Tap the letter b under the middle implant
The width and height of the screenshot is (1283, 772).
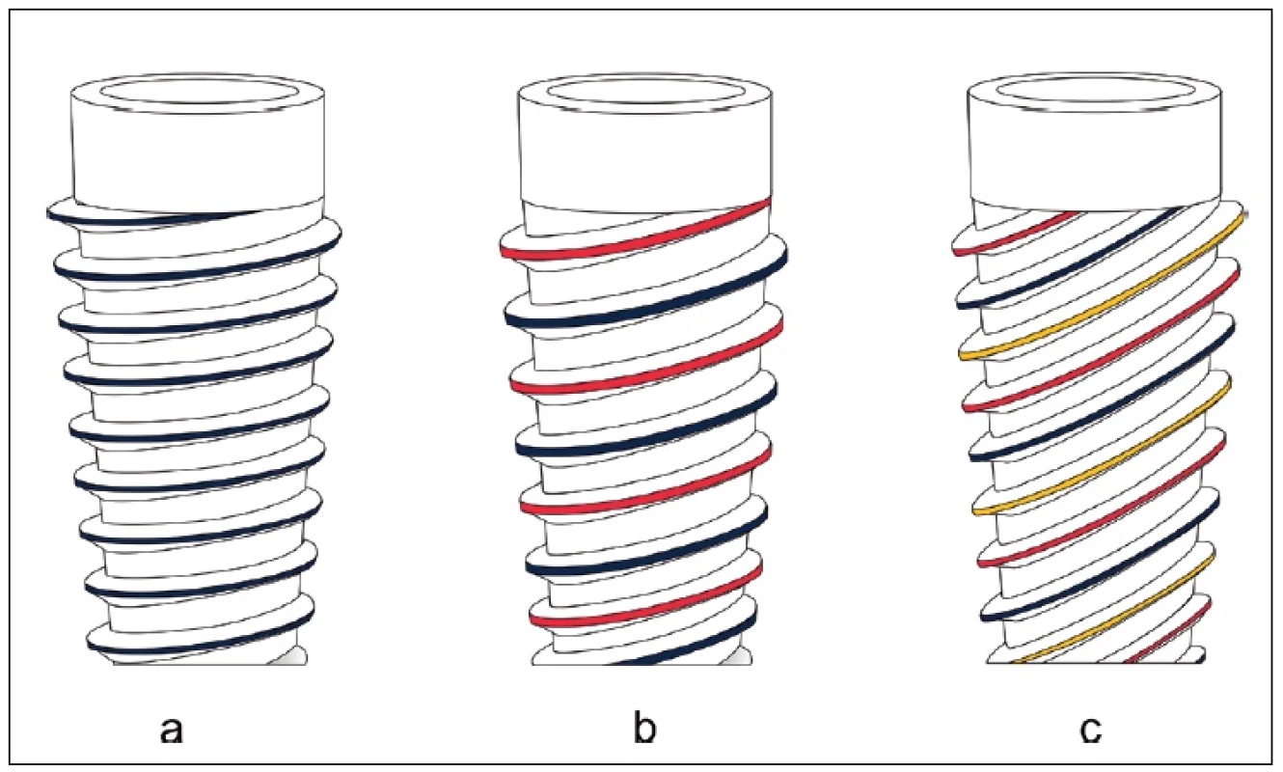click(x=645, y=726)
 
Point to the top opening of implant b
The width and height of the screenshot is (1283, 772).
click(x=645, y=93)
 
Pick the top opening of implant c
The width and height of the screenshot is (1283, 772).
click(x=1095, y=91)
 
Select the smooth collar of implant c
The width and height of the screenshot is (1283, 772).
click(x=1095, y=152)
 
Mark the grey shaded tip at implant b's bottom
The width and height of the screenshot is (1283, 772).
click(x=738, y=657)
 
